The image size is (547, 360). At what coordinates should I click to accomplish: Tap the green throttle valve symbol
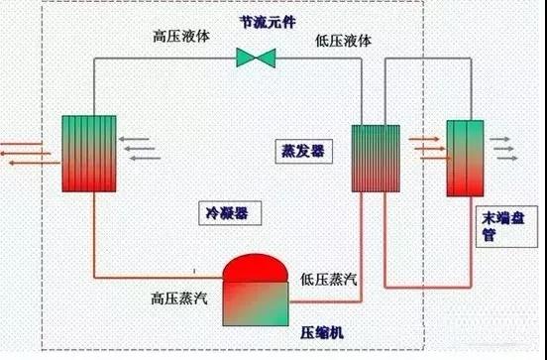coord(256,58)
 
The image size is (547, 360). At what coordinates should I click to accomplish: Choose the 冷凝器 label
coord(227,211)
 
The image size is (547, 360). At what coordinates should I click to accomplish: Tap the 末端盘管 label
coord(492,227)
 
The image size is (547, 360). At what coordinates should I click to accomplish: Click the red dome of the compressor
coord(256,269)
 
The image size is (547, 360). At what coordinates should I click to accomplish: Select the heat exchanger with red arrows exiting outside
coord(88,154)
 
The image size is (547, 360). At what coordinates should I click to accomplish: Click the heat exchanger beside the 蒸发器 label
coord(377,158)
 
